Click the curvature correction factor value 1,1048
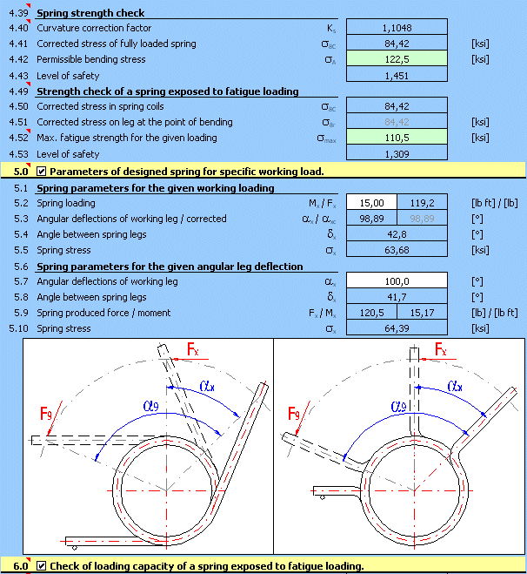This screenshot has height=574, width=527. coord(396,28)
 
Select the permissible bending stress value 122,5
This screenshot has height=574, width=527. coord(396,59)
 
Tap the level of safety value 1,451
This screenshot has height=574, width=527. coord(396,76)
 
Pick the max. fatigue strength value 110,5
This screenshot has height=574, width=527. coord(396,138)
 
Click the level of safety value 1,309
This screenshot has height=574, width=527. coord(396,153)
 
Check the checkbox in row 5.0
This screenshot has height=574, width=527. coord(42,171)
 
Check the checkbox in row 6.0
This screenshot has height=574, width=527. coord(42,566)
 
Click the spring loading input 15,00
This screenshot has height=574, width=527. coord(371,203)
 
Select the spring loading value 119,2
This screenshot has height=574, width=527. coord(422,203)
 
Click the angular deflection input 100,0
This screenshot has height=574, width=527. coord(396,281)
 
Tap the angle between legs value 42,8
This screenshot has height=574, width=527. coord(396,234)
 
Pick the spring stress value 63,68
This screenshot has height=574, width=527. coord(396,250)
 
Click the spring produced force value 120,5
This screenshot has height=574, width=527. coord(371,313)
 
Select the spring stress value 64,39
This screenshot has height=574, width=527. coord(396,328)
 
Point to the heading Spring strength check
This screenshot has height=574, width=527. coord(90,13)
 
